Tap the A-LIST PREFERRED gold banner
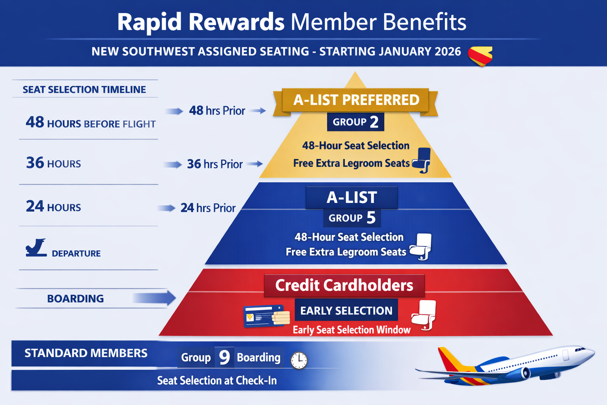(356, 100)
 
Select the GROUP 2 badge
(355, 122)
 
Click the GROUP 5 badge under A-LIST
(352, 218)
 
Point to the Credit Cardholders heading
(344, 286)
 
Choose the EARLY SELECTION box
(346, 311)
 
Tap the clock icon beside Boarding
(299, 360)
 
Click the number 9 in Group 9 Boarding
(224, 357)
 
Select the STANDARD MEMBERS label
(86, 353)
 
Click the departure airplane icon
(36, 248)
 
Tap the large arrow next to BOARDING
(155, 298)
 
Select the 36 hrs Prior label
(215, 164)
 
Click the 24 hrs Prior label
(208, 208)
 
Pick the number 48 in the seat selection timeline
(35, 122)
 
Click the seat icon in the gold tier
(422, 160)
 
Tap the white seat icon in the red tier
(424, 315)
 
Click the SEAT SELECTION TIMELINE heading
(84, 90)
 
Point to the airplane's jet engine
(526, 373)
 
